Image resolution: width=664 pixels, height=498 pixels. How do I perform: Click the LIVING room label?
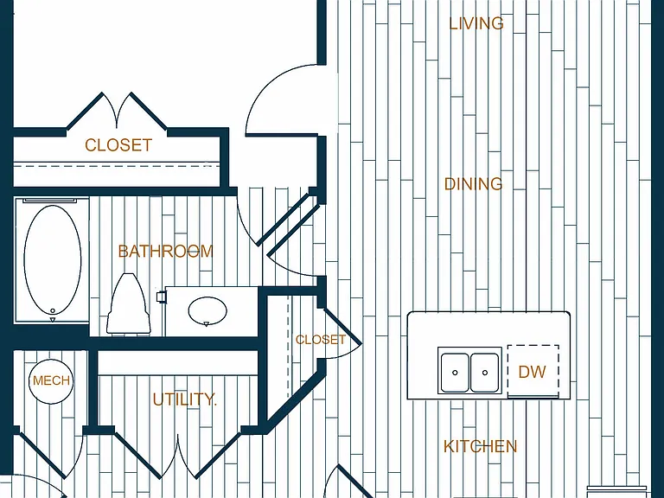click(x=476, y=23)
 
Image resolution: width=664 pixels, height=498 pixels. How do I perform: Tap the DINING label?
click(x=474, y=184)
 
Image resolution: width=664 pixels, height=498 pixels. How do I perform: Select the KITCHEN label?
click(x=480, y=446)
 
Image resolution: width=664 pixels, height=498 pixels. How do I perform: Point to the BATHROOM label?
click(x=166, y=252)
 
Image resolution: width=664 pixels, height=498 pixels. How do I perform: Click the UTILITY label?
click(x=184, y=399)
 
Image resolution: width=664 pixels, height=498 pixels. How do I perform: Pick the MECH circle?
click(x=51, y=380)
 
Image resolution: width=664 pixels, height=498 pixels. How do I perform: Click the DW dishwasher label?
click(x=532, y=372)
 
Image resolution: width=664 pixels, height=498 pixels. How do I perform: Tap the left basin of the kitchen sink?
click(x=455, y=373)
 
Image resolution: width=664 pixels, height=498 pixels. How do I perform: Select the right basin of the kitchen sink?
click(x=484, y=373)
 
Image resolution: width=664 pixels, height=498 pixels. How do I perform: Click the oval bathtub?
click(x=53, y=260)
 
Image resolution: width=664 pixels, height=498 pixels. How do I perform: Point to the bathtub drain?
click(x=53, y=311)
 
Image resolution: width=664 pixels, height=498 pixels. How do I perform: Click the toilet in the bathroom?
click(x=129, y=304)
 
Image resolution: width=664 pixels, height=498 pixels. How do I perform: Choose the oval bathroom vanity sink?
click(x=207, y=311)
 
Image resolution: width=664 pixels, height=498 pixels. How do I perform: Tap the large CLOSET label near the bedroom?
click(x=118, y=145)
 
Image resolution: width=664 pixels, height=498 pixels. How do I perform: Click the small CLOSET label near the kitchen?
click(x=321, y=340)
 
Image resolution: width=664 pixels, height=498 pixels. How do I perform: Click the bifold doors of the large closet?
click(x=117, y=111)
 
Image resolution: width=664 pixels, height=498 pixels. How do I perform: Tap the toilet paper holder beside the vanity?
click(x=162, y=297)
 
